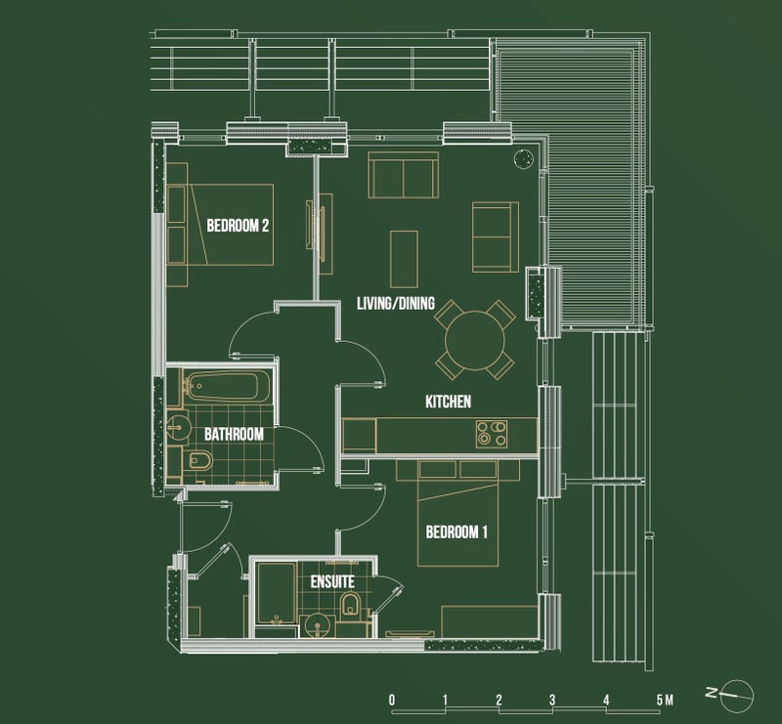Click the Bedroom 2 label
coord(238,226)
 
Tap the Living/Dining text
coord(396,303)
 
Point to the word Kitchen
coord(448,402)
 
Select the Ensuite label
coord(332,581)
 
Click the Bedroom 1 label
coord(456,532)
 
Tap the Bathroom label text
coord(234,434)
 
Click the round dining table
coord(475,341)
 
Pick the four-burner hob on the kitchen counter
coord(492,434)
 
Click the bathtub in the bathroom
coord(229,386)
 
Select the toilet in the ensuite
coord(350,604)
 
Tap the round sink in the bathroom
coord(177,427)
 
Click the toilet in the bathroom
coord(199,460)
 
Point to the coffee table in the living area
coord(404,259)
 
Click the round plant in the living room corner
coord(523,159)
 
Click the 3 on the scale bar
coord(552,701)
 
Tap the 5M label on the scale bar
coord(665,701)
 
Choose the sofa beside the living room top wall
coord(404,175)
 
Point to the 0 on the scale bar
coord(392,701)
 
